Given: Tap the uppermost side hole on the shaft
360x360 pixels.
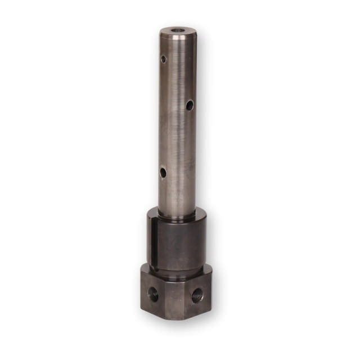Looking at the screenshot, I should tap(164, 58).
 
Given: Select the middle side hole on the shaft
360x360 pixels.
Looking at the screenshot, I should tap(190, 104).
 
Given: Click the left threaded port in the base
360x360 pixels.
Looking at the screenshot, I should tap(153, 294).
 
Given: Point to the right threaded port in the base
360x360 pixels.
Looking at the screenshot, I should tap(197, 294).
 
